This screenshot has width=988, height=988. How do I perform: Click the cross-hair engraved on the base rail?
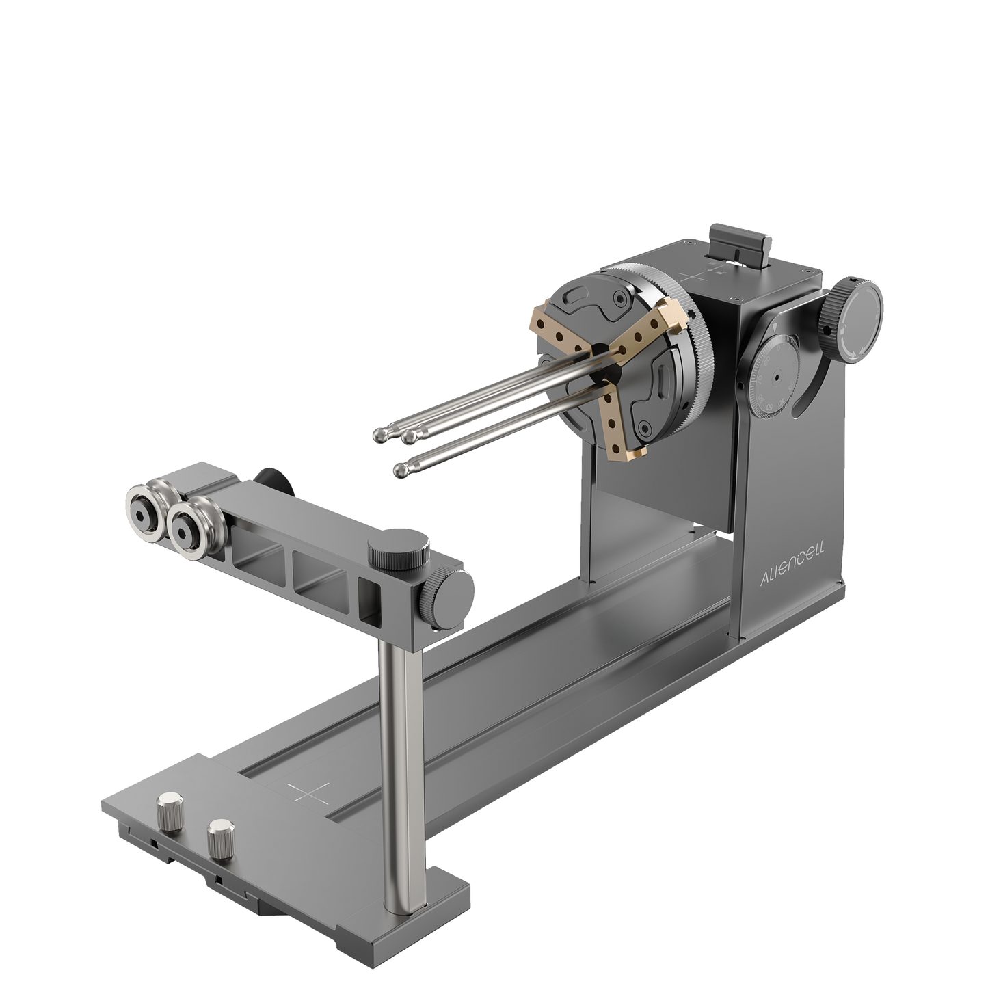tap(308, 791)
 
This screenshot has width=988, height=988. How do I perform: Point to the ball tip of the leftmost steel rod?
tap(378, 435)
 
